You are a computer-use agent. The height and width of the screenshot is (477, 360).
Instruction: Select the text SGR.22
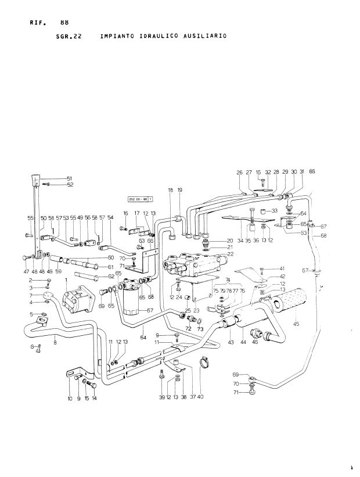(x=68, y=35)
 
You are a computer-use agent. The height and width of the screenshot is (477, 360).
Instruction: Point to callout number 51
(x=69, y=178)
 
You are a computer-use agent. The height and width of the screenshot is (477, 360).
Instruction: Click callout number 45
(x=296, y=324)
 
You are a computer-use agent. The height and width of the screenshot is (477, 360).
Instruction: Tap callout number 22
(x=230, y=254)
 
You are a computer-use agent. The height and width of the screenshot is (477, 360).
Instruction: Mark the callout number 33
(x=274, y=210)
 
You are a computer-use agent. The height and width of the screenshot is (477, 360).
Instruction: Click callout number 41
(x=282, y=268)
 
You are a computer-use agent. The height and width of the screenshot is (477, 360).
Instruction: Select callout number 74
(x=228, y=280)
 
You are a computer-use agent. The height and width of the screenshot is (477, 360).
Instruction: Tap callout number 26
(x=239, y=172)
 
